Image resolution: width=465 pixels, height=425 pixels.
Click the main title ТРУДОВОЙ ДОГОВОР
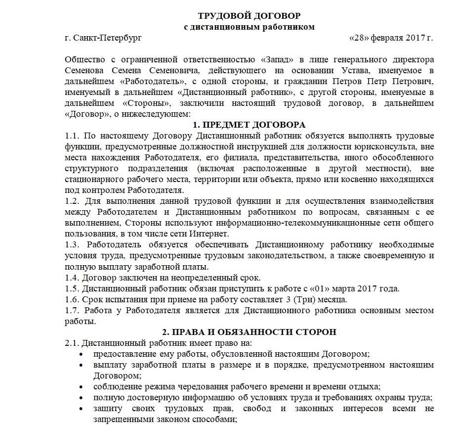pyautogui.click(x=249, y=16)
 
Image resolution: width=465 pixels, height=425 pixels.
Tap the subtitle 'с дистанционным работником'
pyautogui.click(x=249, y=27)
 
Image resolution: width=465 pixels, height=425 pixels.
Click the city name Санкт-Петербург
pyautogui.click(x=109, y=38)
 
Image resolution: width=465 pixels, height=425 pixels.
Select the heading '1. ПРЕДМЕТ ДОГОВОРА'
pyautogui.click(x=249, y=125)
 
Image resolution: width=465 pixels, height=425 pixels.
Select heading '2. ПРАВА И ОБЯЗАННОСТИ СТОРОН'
pyautogui.click(x=249, y=331)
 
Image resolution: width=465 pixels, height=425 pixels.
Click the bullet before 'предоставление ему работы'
pyautogui.click(x=81, y=354)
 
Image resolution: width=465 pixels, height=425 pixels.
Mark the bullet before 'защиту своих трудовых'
pyautogui.click(x=81, y=409)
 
